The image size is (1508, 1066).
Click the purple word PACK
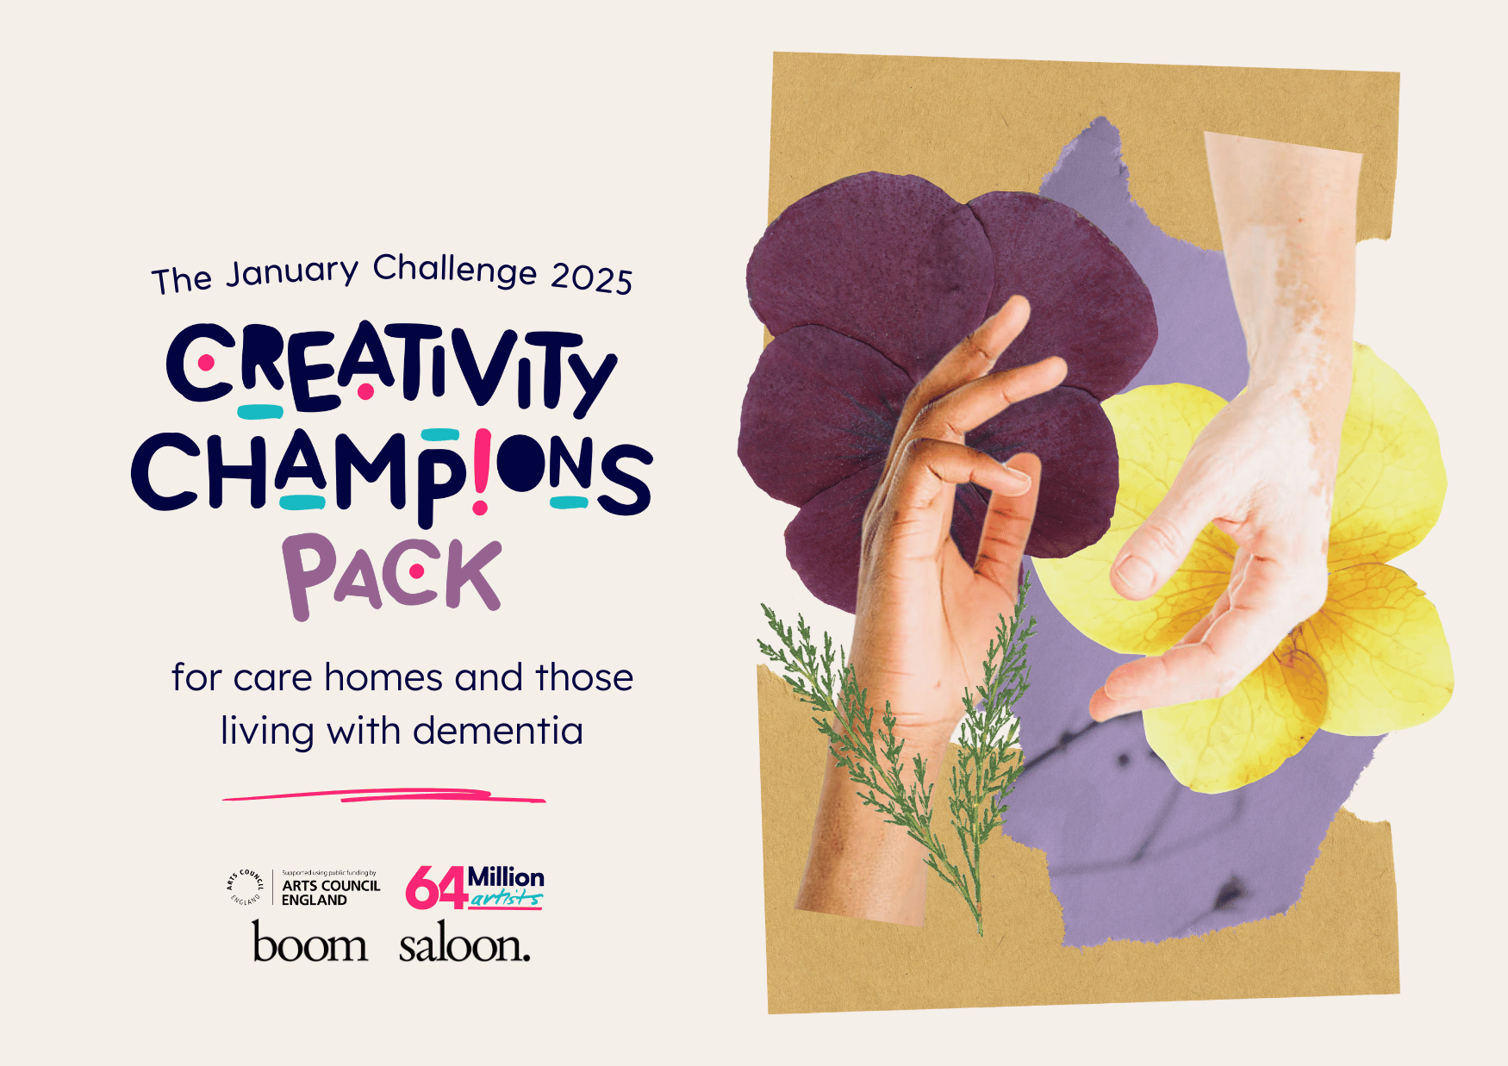click(392, 576)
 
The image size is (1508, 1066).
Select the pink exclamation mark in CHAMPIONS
click(481, 472)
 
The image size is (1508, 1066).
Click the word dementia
click(498, 731)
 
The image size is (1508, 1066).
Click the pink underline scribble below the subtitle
click(384, 795)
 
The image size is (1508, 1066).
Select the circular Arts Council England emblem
click(246, 887)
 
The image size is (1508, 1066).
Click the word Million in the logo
click(506, 877)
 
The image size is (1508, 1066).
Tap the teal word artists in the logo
click(506, 900)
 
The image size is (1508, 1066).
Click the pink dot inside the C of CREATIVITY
click(206, 363)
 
